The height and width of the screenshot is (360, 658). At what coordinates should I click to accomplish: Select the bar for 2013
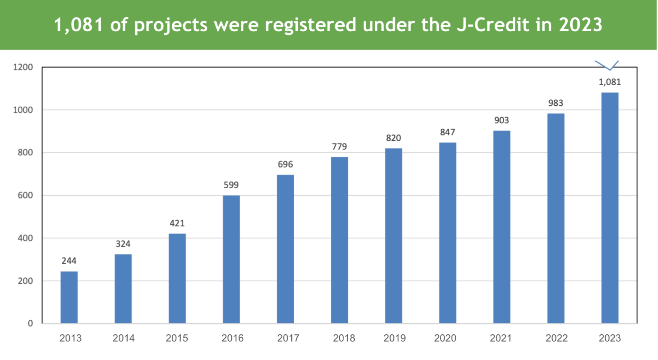(69, 297)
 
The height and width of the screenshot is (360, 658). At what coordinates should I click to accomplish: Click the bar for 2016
(231, 259)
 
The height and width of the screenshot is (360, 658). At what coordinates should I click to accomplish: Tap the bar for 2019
(393, 235)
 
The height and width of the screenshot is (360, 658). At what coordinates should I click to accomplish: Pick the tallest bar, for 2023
(610, 208)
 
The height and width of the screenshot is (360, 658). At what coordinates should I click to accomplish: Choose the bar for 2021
(502, 227)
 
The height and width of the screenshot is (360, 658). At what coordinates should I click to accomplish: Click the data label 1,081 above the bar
(610, 82)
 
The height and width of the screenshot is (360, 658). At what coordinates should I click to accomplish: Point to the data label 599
(231, 185)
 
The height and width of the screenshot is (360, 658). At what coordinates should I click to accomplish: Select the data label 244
(69, 261)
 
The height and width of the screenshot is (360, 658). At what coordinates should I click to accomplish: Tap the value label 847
(447, 132)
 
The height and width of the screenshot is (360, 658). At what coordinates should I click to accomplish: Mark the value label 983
(556, 103)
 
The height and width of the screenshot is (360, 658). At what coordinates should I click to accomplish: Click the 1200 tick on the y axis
(23, 67)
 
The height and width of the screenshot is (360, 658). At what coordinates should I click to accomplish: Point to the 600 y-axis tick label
(25, 195)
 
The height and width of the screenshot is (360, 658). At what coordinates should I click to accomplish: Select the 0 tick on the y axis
(30, 324)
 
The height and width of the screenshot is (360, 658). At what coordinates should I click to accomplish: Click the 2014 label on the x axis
(123, 338)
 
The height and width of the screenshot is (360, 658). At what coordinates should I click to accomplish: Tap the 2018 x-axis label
(344, 338)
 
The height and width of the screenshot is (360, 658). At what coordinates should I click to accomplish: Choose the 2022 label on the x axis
(556, 338)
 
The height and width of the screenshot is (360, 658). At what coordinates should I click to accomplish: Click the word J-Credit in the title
(490, 25)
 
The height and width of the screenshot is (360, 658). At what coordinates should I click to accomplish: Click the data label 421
(177, 223)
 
